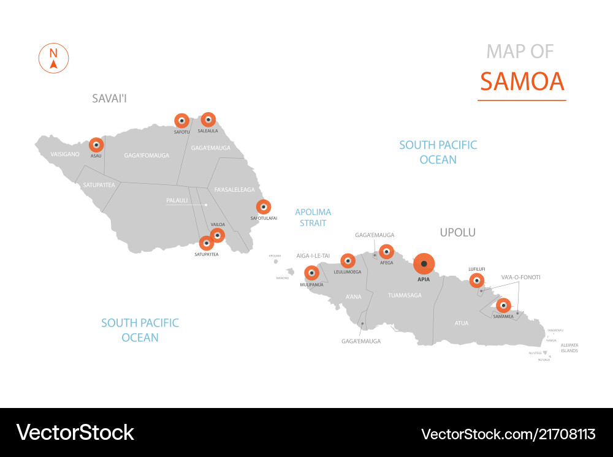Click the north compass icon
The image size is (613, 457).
point(53,59)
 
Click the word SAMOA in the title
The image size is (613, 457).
point(522,81)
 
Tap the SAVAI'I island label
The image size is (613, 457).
point(109,98)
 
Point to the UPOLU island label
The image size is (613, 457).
point(457,233)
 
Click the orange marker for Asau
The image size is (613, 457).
point(96,145)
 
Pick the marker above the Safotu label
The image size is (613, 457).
point(181,121)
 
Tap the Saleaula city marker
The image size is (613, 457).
point(208,120)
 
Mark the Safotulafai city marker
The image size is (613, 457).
point(264,207)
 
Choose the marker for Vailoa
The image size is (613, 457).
point(217,235)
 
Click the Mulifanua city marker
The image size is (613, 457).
point(311,273)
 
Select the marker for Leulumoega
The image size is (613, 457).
point(348,261)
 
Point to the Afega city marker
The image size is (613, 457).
point(386,252)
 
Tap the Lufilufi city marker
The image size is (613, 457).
point(476,281)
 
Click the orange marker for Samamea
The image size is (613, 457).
point(503,306)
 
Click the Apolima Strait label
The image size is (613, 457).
point(313,217)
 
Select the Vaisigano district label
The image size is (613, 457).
point(65,154)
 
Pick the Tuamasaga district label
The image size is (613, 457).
point(405,295)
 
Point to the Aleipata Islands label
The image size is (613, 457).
point(569,348)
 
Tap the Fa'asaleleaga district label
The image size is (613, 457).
point(235,190)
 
